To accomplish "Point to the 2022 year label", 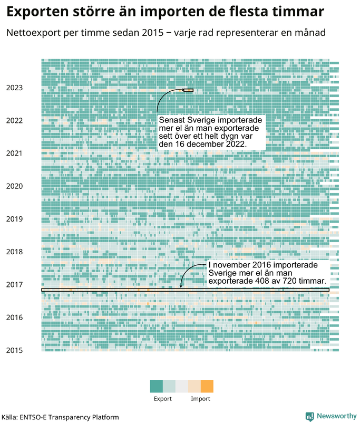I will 14,120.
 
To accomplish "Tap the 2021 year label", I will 14,154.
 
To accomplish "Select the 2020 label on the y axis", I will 14,186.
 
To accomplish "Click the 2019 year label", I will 14,219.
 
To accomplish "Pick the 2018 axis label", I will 14,252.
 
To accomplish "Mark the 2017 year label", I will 14,285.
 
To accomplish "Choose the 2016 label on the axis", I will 14,318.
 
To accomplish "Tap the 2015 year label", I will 14,350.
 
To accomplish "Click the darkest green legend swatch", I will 157,386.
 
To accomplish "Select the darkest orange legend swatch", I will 207,386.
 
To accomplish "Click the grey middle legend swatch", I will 182,386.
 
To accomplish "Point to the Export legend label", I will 163,399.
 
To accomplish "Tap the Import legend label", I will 200,399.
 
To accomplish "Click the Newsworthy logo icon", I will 310,416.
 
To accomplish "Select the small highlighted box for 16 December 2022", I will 189,90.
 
